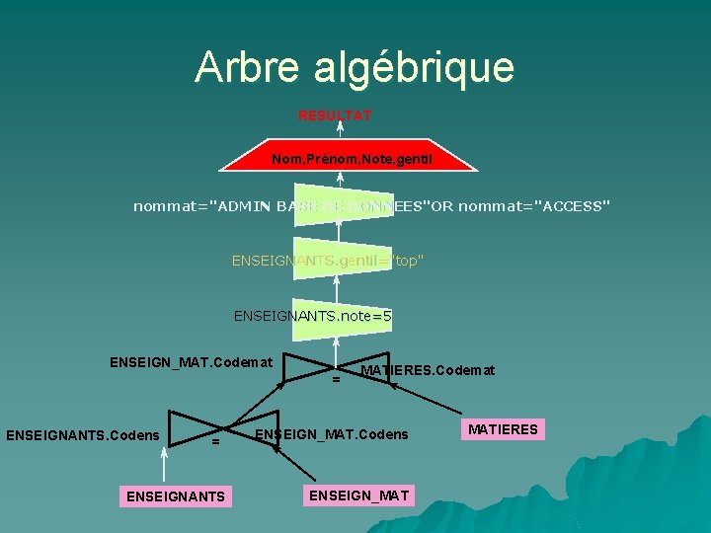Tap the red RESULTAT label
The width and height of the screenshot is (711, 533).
(x=335, y=115)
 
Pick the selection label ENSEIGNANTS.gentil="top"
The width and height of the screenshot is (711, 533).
(x=328, y=261)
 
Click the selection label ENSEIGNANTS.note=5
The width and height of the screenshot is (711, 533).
(x=312, y=316)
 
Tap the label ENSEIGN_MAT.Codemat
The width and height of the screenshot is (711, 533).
(x=191, y=362)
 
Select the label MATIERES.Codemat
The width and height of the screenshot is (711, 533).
(x=428, y=370)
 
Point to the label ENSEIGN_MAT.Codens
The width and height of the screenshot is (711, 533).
(x=332, y=434)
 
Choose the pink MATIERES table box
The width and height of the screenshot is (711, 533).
(x=503, y=429)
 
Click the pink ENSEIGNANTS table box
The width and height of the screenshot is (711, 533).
(x=175, y=495)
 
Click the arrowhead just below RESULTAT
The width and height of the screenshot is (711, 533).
(x=340, y=128)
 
